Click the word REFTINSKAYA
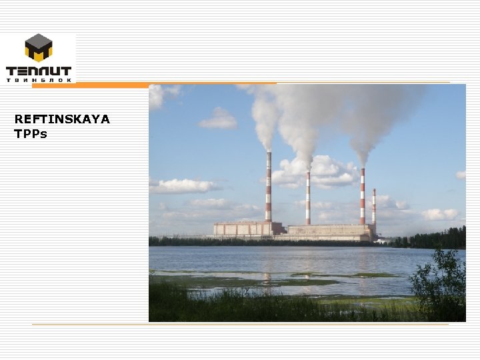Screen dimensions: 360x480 (x=62, y=119)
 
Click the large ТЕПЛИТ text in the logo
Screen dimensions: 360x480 (x=39, y=70)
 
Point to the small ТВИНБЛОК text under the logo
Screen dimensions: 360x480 (x=39, y=80)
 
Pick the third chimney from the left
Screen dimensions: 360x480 (x=362, y=197)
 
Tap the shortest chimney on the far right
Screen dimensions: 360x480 (x=374, y=207)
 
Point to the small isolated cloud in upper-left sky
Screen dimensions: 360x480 (x=218, y=119)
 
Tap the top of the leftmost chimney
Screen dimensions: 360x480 (x=269, y=153)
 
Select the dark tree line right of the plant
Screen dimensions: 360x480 (x=430, y=239)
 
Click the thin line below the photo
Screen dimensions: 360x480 (x=240, y=325)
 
